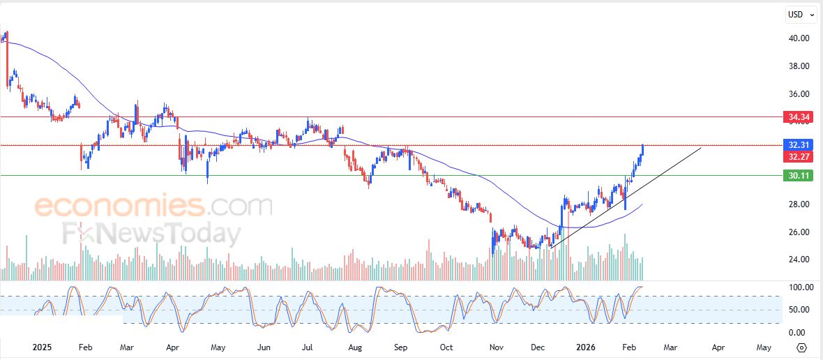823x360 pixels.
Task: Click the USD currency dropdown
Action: click(801, 15)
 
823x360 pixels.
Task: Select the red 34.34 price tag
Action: click(799, 117)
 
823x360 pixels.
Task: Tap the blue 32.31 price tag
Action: click(799, 145)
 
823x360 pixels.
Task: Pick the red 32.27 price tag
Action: click(799, 157)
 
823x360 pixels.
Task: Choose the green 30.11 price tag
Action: click(799, 176)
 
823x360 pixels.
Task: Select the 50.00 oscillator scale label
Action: click(799, 310)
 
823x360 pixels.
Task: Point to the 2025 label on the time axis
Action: click(43, 347)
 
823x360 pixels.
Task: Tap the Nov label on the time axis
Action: click(497, 347)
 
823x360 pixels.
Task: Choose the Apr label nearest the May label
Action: click(718, 347)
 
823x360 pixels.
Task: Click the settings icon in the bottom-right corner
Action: click(801, 347)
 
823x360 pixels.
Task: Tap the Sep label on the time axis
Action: click(400, 347)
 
